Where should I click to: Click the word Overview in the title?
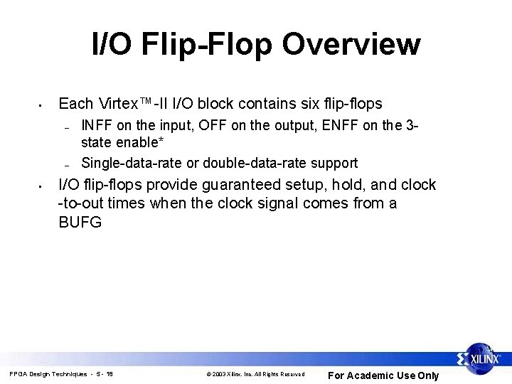click(351, 44)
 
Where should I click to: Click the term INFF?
click(97, 126)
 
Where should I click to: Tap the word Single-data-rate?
click(132, 163)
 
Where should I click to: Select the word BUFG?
click(80, 222)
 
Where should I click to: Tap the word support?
click(334, 163)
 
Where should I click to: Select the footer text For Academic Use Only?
click(383, 375)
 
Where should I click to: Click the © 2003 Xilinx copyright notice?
click(255, 374)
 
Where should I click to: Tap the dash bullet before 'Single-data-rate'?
click(65, 164)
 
